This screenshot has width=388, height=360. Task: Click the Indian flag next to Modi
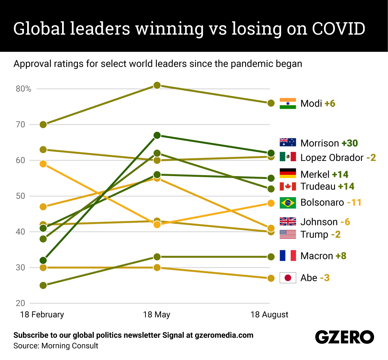pos(288,103)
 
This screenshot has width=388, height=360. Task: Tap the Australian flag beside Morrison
pos(288,143)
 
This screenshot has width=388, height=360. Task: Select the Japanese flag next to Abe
pos(288,278)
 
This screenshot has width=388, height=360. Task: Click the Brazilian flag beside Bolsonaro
pos(288,203)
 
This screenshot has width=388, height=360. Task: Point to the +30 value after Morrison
pos(350,143)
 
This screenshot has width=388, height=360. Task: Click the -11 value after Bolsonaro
pos(354,203)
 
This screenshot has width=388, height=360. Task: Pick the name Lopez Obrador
pos(332,158)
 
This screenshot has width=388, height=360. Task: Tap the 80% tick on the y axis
pos(23,89)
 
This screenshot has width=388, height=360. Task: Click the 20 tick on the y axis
pos(20,303)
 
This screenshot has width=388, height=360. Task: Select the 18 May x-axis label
pos(156,315)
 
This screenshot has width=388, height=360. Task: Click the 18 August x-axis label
pos(269,315)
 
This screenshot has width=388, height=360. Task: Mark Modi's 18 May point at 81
pos(157,85)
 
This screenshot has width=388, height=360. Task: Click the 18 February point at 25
pos(43,285)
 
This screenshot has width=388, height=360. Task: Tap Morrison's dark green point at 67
pos(157,135)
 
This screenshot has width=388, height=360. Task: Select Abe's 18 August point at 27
pos(271,278)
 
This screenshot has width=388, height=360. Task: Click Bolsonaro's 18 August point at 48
pos(271,203)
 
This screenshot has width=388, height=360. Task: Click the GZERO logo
pos(344,337)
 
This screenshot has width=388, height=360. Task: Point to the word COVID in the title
pos(339,29)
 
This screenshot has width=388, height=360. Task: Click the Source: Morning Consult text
pos(56,346)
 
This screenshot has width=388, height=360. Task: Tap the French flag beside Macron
pos(288,255)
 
